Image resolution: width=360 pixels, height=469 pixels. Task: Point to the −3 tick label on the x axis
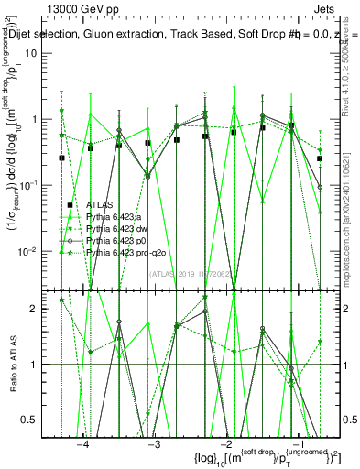coord(154,442)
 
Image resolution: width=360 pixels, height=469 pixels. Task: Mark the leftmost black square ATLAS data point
coord(62,158)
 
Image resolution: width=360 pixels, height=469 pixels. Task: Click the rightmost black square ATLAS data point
coord(321,158)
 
